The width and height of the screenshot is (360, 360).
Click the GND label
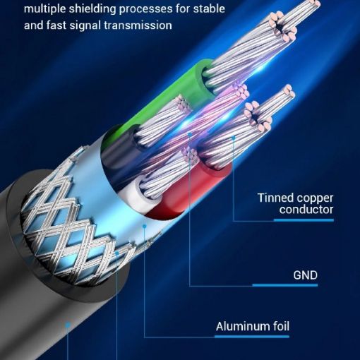(305, 275)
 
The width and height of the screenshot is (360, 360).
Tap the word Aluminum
(243, 326)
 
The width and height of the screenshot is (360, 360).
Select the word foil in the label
(282, 326)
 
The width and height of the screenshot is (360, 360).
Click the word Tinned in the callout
(275, 198)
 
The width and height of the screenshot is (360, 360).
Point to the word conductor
(306, 210)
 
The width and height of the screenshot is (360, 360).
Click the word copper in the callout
(315, 198)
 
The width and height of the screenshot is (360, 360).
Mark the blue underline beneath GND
(285, 285)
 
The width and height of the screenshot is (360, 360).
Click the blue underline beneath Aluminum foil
(252, 337)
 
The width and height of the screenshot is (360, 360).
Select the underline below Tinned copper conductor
(304, 220)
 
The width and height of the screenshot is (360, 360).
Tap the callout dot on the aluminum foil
(145, 226)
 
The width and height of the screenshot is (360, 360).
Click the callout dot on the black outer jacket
(68, 325)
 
